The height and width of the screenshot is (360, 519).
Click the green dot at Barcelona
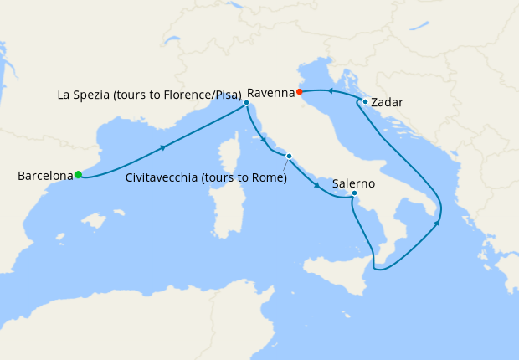[78, 175]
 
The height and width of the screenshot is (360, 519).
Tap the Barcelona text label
[44, 176]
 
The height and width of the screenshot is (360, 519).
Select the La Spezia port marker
[246, 103]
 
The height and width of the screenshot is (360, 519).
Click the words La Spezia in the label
[86, 95]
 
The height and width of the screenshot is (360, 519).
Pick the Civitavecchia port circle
[289, 157]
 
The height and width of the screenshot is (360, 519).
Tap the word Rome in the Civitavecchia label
[264, 177]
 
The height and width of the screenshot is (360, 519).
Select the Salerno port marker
[354, 193]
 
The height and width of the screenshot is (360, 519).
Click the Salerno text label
[354, 183]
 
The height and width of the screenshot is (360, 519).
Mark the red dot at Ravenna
[300, 92]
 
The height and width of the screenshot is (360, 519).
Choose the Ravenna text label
[270, 91]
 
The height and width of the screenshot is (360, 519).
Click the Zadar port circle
[366, 102]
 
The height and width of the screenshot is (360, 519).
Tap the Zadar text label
[387, 102]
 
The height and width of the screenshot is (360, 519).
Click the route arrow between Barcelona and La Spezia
[162, 147]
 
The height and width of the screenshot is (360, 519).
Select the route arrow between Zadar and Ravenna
[331, 90]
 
